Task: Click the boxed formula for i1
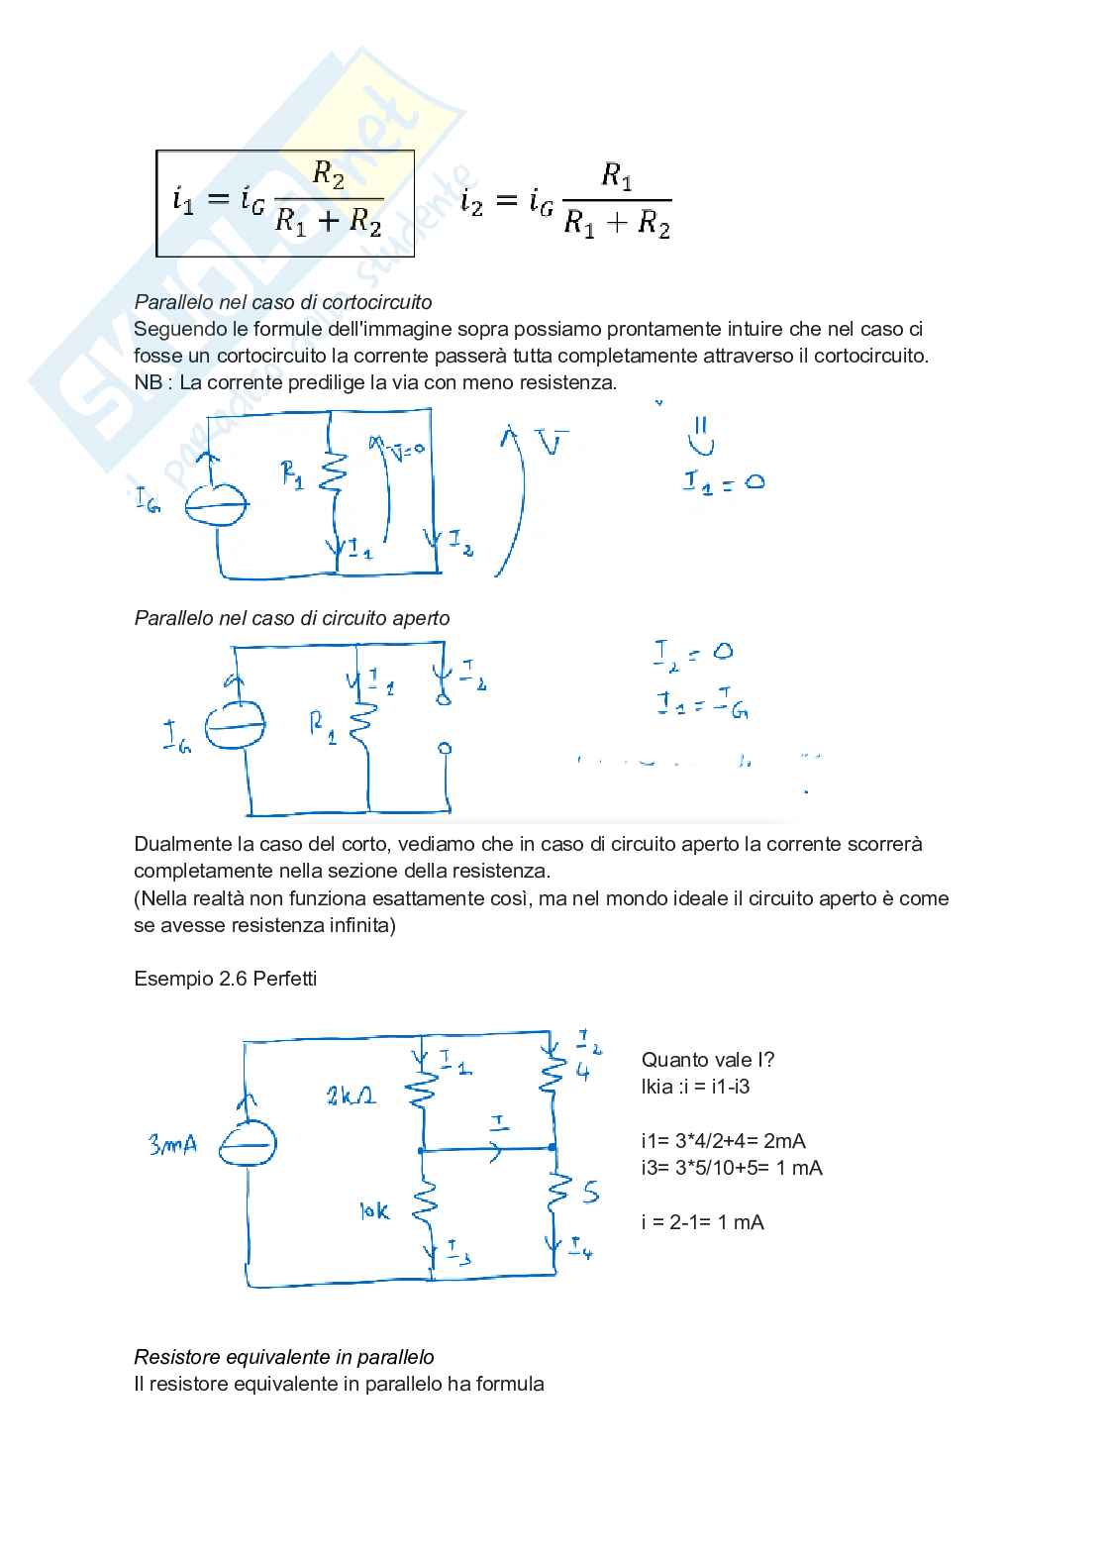pyautogui.click(x=284, y=203)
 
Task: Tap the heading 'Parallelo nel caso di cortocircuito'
pyautogui.click(x=283, y=302)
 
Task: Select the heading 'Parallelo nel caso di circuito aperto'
pyautogui.click(x=292, y=618)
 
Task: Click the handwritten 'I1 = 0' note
pyautogui.click(x=723, y=482)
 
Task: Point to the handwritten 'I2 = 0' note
pyautogui.click(x=693, y=653)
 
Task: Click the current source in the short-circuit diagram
pyautogui.click(x=217, y=505)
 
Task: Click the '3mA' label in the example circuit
pyautogui.click(x=172, y=1145)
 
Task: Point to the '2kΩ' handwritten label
pyautogui.click(x=351, y=1095)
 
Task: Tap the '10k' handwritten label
pyautogui.click(x=374, y=1210)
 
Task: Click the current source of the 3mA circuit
pyautogui.click(x=248, y=1146)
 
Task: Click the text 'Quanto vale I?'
pyautogui.click(x=708, y=1060)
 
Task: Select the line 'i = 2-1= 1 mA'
pyautogui.click(x=702, y=1222)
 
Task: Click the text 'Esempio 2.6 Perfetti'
pyautogui.click(x=226, y=979)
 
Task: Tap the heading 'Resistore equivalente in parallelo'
pyautogui.click(x=284, y=1357)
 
